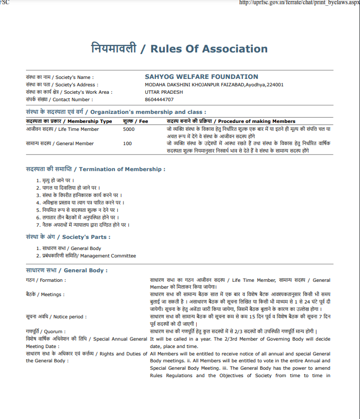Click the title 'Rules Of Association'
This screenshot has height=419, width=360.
click(x=209, y=49)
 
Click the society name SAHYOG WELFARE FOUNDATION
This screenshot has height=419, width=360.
click(x=201, y=77)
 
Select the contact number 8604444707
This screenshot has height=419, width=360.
click(x=159, y=99)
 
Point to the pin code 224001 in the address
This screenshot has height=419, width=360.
click(x=275, y=84)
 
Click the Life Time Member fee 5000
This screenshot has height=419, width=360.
click(x=129, y=129)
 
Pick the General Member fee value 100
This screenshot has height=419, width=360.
click(x=127, y=144)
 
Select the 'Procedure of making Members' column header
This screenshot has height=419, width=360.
click(x=257, y=121)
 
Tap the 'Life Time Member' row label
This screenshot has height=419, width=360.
click(x=78, y=129)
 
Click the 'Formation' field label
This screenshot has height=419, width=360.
click(x=53, y=280)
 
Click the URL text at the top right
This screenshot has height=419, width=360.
click(x=299, y=3)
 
